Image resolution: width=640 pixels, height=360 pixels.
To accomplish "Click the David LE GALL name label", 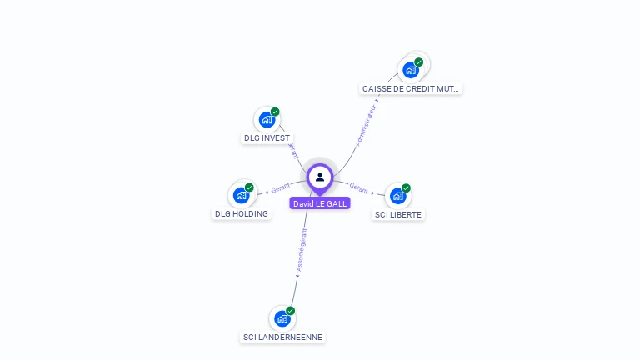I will [x=320, y=203].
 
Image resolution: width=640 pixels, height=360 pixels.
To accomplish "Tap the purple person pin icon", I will [x=320, y=177].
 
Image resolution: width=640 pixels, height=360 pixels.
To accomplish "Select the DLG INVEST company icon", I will [x=267, y=119].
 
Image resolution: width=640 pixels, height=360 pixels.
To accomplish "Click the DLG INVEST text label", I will [x=267, y=138].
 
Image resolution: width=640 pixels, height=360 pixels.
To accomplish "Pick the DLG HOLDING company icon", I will [x=241, y=195].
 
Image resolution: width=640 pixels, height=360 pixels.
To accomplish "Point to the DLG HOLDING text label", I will [x=242, y=214].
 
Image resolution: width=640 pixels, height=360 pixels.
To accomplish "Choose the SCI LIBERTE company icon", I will [x=397, y=196].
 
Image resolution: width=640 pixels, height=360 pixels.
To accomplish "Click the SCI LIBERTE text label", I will [x=398, y=215].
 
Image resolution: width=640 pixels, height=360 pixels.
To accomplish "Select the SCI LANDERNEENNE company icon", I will [x=282, y=318].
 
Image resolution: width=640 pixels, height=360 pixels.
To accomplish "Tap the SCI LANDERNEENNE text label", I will [x=282, y=337].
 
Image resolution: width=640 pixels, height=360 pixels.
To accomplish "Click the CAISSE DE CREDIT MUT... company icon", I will [x=411, y=70].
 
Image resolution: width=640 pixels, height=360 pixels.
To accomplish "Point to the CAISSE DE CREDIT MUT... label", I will [x=411, y=88].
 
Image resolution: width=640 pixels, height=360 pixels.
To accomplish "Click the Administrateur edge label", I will [x=366, y=126].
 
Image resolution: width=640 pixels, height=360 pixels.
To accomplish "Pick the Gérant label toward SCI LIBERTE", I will [x=359, y=187].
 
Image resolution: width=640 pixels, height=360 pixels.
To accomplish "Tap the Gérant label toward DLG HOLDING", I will [x=281, y=187].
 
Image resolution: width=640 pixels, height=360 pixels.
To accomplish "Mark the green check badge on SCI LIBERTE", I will [x=406, y=187].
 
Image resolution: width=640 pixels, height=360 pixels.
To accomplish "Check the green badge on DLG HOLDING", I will [x=249, y=187].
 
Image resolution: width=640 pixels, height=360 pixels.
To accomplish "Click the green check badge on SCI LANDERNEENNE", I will [x=291, y=311].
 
